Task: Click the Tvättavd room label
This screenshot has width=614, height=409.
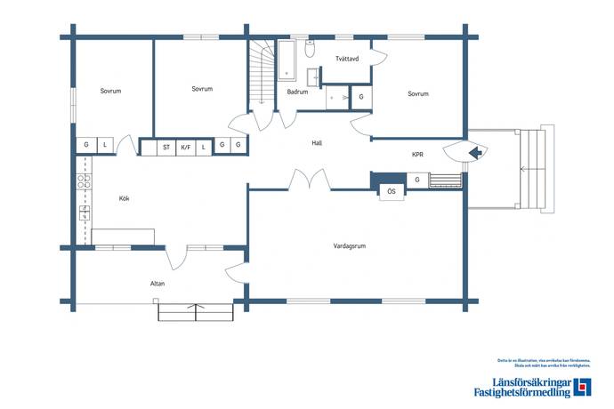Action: point(347,60)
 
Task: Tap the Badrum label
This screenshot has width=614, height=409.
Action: point(297,92)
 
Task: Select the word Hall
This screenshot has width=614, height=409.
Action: point(316,143)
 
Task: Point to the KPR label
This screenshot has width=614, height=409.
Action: point(417,154)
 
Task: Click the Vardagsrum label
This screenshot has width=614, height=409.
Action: point(350,245)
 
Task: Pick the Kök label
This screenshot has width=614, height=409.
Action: point(124,198)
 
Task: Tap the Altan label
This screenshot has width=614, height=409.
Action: point(158,284)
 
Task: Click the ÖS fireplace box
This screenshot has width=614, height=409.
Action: point(391,191)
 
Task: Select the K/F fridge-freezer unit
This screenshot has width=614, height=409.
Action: point(185,147)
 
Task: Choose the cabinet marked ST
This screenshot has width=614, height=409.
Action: point(166,147)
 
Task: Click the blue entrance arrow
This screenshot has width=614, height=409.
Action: point(475,153)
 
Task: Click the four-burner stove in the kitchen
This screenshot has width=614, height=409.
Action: point(85,181)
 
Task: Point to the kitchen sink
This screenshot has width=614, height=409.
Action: point(85,213)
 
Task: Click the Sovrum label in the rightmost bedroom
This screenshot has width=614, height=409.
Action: point(418,93)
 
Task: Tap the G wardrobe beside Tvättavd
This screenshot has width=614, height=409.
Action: point(361,97)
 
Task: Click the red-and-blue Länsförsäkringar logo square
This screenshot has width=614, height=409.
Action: point(582,387)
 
